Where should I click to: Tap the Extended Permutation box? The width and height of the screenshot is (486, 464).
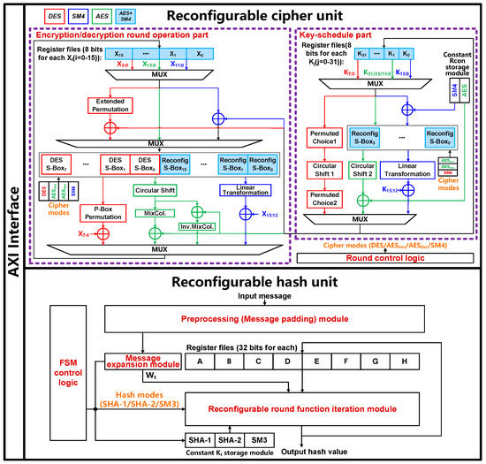[94, 105]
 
